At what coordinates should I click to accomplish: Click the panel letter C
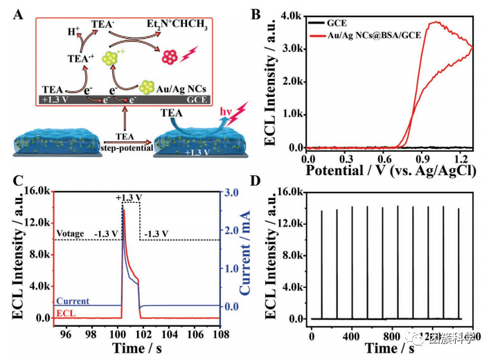point(21,182)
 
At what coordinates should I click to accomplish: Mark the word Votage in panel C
point(71,233)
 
